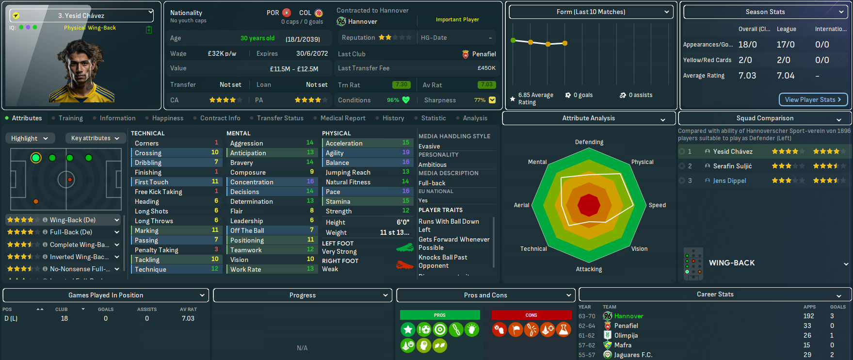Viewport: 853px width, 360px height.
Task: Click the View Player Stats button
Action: pyautogui.click(x=813, y=99)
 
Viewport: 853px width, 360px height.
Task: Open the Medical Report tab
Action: pyautogui.click(x=343, y=118)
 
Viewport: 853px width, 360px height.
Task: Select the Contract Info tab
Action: pyautogui.click(x=220, y=118)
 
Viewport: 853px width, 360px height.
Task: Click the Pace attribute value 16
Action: pyautogui.click(x=406, y=192)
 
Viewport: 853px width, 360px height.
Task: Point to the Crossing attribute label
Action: pyautogui.click(x=148, y=153)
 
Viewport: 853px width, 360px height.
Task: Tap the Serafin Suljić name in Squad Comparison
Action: pyautogui.click(x=732, y=166)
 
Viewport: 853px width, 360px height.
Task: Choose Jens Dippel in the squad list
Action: pyautogui.click(x=729, y=180)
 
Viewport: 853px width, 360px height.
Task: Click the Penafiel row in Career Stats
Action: pyautogui.click(x=626, y=326)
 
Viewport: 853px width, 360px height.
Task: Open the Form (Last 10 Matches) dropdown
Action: pyautogui.click(x=591, y=12)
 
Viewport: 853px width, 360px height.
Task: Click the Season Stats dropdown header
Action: pyautogui.click(x=765, y=12)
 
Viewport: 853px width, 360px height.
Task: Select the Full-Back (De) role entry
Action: pyautogui.click(x=71, y=232)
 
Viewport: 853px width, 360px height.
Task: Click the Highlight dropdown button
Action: pyautogui.click(x=30, y=138)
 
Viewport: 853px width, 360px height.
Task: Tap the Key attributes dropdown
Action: pyautogui.click(x=95, y=138)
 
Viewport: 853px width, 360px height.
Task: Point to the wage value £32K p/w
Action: pyautogui.click(x=222, y=53)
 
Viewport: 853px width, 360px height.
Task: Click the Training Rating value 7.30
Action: pyautogui.click(x=401, y=85)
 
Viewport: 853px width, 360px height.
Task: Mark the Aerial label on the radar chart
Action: pyautogui.click(x=521, y=205)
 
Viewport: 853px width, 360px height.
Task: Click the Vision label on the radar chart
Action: pyautogui.click(x=639, y=249)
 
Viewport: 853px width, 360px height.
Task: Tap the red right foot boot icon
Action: pyautogui.click(x=404, y=265)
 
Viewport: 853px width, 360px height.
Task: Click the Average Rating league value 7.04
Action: pyautogui.click(x=786, y=75)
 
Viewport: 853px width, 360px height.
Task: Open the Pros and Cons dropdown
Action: pyautogui.click(x=485, y=295)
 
